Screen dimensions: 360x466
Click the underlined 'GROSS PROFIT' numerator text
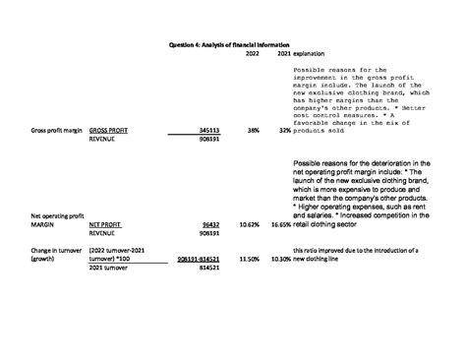pyautogui.click(x=108, y=130)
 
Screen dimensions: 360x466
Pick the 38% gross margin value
pyautogui.click(x=254, y=130)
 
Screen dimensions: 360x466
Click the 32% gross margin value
pyautogui.click(x=285, y=130)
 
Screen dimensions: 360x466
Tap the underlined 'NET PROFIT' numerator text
pyautogui.click(x=104, y=224)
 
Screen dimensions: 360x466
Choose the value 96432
pyautogui.click(x=209, y=224)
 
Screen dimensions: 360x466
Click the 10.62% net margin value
pyautogui.click(x=250, y=224)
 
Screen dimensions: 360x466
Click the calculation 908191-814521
pyautogui.click(x=198, y=259)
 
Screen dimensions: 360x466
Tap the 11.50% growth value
pyautogui.click(x=250, y=259)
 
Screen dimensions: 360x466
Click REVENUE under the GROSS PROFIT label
pyautogui.click(x=103, y=140)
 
